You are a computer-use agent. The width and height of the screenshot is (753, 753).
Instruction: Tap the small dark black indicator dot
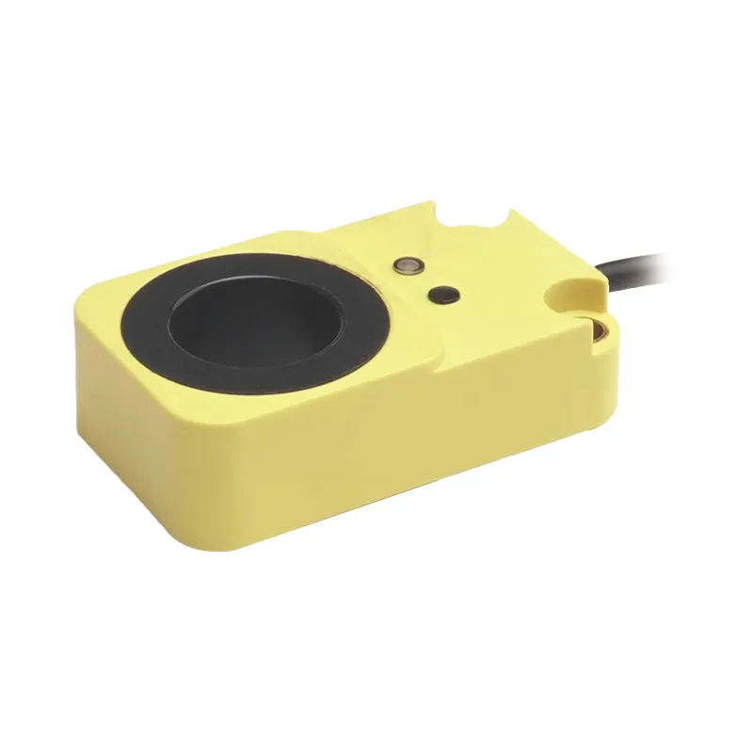(441, 295)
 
